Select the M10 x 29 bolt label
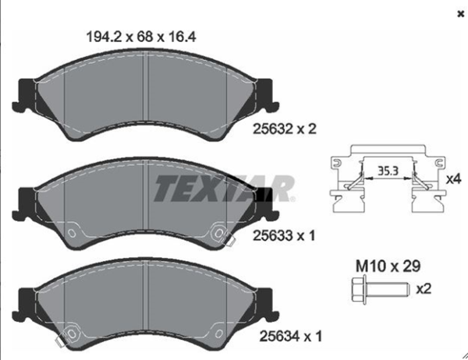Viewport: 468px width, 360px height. click(x=377, y=267)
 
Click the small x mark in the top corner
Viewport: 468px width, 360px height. click(x=456, y=13)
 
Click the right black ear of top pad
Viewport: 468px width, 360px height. click(x=266, y=94)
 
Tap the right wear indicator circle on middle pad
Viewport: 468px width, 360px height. click(x=218, y=231)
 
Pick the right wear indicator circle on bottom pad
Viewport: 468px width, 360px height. click(x=218, y=333)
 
